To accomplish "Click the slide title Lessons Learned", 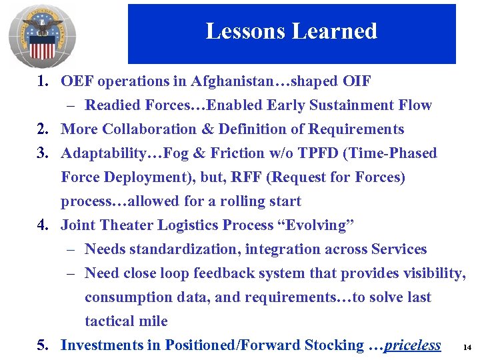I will tap(291, 31).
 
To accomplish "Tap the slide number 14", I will tap(466, 348).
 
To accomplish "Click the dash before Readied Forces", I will tap(70, 105).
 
